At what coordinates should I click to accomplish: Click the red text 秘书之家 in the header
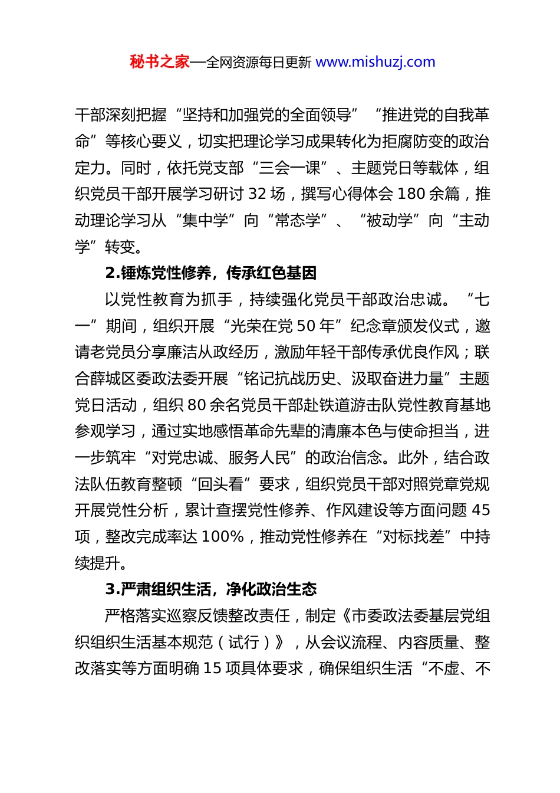tap(160, 62)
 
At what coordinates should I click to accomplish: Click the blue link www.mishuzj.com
tap(375, 62)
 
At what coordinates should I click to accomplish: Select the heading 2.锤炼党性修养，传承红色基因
tap(211, 273)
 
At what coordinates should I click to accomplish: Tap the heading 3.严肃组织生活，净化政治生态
tap(211, 589)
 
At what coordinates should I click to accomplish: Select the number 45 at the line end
tap(481, 510)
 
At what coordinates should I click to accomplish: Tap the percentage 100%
tap(223, 537)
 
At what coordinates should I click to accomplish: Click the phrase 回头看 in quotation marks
tap(220, 484)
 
